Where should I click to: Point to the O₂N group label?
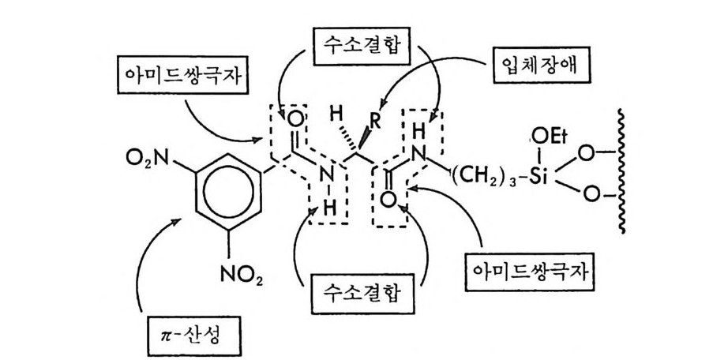click(x=144, y=160)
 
